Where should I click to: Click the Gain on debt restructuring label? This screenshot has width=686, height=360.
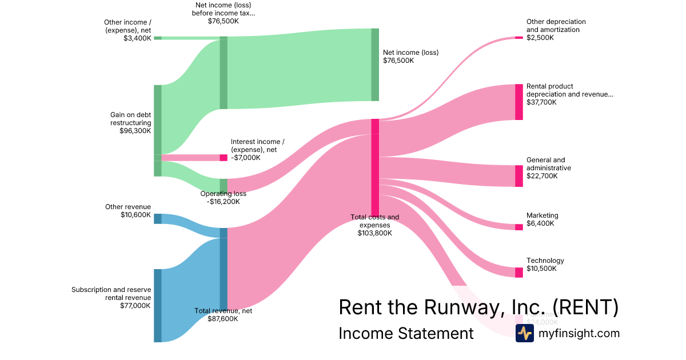tap(130, 119)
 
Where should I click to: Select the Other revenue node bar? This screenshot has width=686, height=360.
tap(158, 218)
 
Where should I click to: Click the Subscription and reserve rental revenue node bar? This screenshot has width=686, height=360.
tap(158, 305)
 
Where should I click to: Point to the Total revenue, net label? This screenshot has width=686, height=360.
tap(223, 311)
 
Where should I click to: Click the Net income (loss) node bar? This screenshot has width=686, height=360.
tap(375, 65)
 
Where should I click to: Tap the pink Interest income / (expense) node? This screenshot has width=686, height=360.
tap(224, 158)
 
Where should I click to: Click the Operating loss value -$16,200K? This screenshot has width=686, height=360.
tap(224, 201)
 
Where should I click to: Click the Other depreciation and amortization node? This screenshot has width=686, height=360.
tap(519, 38)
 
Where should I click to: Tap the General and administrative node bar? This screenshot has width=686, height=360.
tap(519, 176)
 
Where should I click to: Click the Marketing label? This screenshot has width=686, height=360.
tap(542, 215)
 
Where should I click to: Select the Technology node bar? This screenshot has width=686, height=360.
tap(519, 272)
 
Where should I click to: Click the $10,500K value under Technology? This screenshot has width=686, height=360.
tap(540, 269)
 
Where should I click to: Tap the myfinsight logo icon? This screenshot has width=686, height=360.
tap(524, 333)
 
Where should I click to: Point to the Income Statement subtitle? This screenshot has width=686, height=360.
tap(406, 333)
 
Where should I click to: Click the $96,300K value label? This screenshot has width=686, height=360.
tap(135, 130)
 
